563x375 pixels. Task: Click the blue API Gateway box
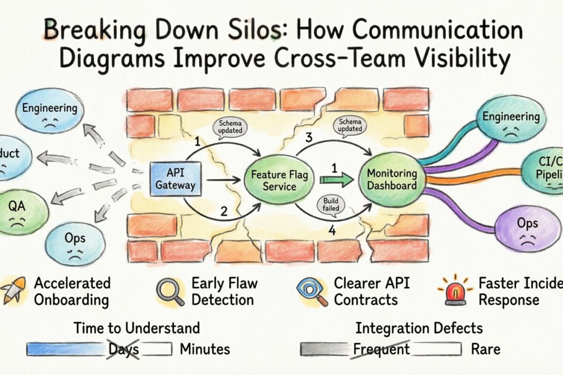tap(175, 179)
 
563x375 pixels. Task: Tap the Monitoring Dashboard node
tap(392, 179)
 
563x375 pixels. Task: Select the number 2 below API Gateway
tap(224, 211)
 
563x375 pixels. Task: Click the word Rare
tap(486, 349)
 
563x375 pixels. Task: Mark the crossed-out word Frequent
tap(381, 349)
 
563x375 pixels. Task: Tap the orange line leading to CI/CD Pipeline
tap(469, 179)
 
